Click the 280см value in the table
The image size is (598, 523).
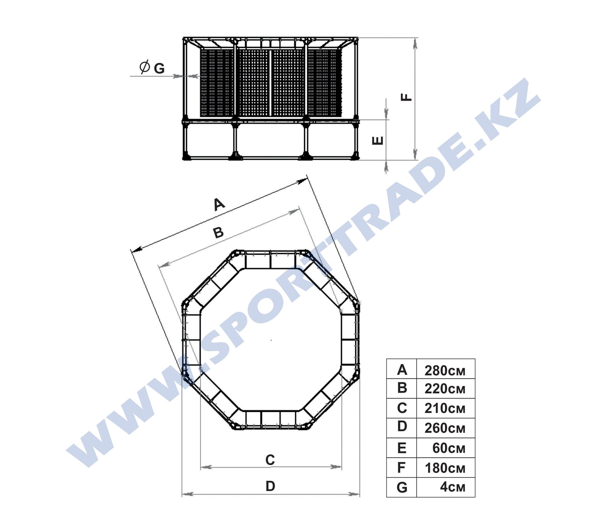(445, 371)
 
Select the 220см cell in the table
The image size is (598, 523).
(445, 389)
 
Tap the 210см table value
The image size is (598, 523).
(445, 408)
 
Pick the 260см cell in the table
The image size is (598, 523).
(445, 428)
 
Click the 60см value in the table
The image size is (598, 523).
(448, 448)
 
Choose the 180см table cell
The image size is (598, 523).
(445, 468)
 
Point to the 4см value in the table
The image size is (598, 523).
(452, 487)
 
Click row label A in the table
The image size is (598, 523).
(402, 370)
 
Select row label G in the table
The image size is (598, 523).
(402, 488)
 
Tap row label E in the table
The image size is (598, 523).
(402, 448)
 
